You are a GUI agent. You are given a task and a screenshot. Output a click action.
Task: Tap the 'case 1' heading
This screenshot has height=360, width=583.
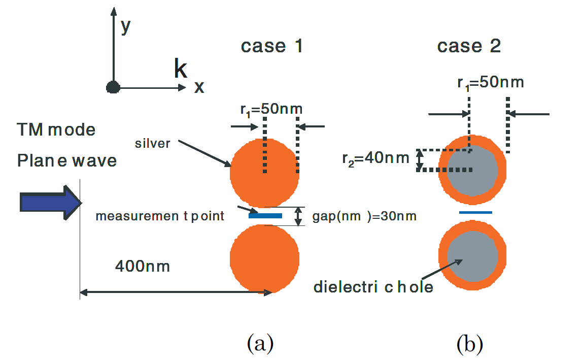(x=271, y=46)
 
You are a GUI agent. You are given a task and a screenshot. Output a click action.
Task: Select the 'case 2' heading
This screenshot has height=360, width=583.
(x=469, y=46)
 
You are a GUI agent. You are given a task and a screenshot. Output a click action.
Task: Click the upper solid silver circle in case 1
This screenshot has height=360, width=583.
(x=264, y=173)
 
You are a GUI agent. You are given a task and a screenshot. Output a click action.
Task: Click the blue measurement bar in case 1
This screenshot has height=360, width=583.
(x=265, y=216)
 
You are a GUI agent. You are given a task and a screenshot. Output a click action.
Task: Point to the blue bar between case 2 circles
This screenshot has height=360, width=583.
(x=475, y=212)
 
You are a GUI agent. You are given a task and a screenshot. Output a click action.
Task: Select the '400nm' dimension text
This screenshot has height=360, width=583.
(x=142, y=266)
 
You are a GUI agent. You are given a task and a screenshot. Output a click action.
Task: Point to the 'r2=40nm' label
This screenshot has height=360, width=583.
(x=375, y=158)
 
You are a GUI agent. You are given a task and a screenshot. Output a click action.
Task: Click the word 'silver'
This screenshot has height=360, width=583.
(x=152, y=143)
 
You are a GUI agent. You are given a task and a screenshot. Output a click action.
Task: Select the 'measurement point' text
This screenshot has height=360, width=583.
(x=160, y=216)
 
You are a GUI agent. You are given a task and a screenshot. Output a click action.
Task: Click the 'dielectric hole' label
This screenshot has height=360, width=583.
(x=373, y=287)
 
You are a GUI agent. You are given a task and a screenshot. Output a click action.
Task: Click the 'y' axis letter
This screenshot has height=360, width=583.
(x=126, y=27)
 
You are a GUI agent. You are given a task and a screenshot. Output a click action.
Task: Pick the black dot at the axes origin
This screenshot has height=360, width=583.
(x=113, y=87)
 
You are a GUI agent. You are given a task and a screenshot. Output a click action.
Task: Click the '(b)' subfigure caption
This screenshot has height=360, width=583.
(x=470, y=344)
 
